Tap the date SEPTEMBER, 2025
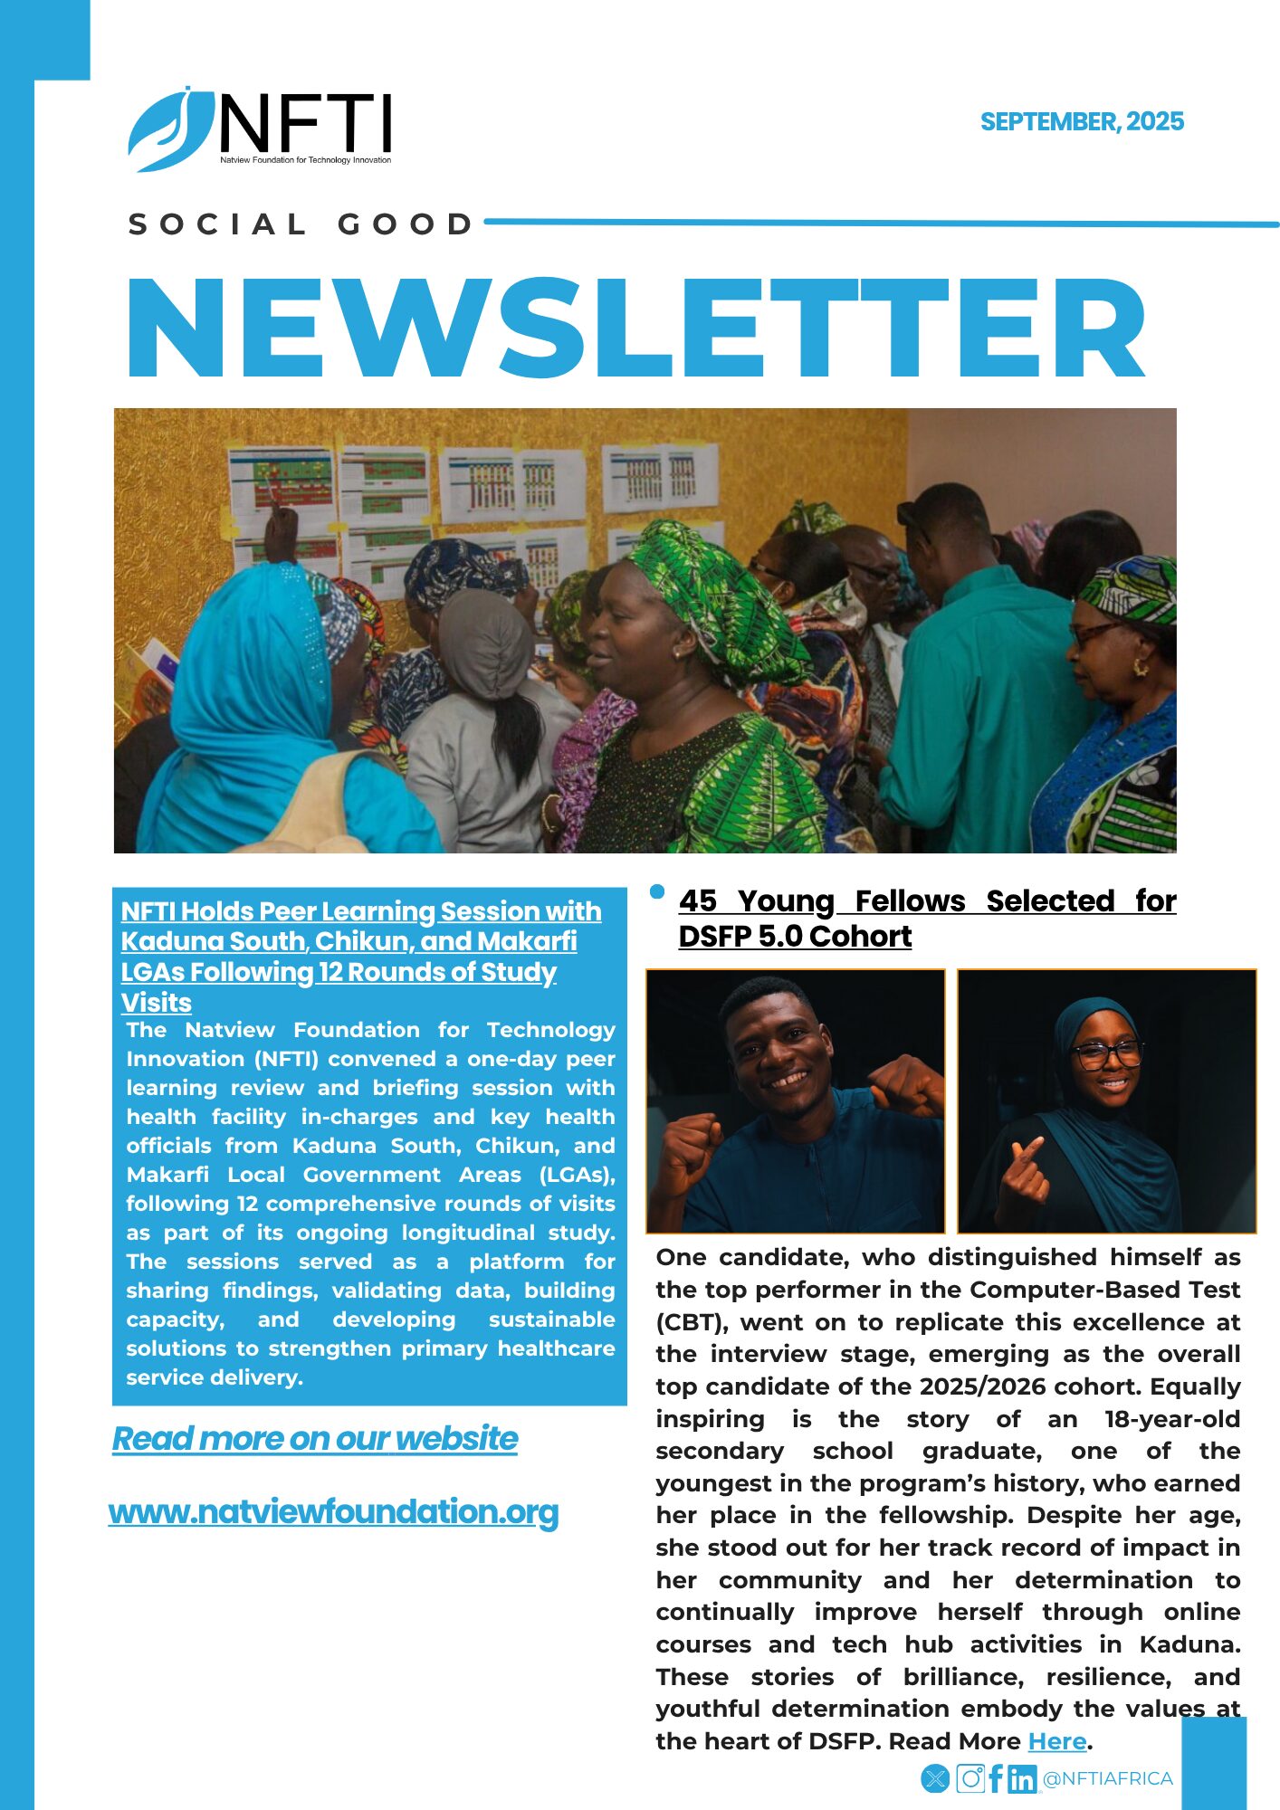pyautogui.click(x=1082, y=122)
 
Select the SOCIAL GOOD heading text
pyautogui.click(x=301, y=224)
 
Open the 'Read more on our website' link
pyautogui.click(x=315, y=1438)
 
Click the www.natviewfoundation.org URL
pyautogui.click(x=333, y=1511)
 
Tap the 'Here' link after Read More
pyautogui.click(x=1056, y=1740)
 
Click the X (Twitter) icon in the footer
pyautogui.click(x=935, y=1778)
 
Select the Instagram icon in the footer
pyautogui.click(x=970, y=1778)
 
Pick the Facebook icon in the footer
pyautogui.click(x=996, y=1778)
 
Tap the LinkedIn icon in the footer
pyautogui.click(x=1022, y=1779)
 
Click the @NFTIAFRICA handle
pyautogui.click(x=1108, y=1778)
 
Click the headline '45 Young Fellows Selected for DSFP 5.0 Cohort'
pyautogui.click(x=927, y=918)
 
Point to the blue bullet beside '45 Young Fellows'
pyautogui.click(x=657, y=892)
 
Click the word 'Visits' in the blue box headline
pyautogui.click(x=157, y=1003)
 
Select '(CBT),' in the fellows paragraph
pyautogui.click(x=692, y=1322)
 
